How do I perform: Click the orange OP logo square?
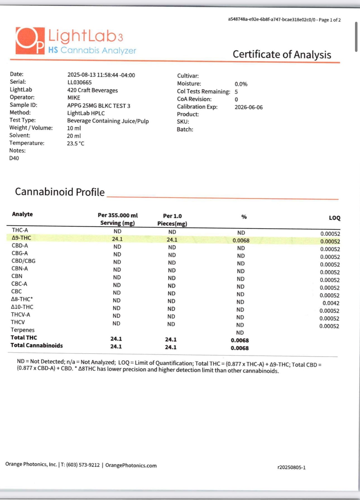pyautogui.click(x=30, y=41)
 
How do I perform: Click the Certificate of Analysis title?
pyautogui.click(x=282, y=54)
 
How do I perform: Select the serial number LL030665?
pyautogui.click(x=80, y=83)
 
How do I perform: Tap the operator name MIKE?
pyautogui.click(x=74, y=98)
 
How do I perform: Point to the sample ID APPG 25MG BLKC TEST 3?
pyautogui.click(x=99, y=106)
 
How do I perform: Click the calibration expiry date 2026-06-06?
pyautogui.click(x=248, y=107)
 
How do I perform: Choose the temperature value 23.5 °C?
pyautogui.click(x=75, y=143)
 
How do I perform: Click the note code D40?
pyautogui.click(x=14, y=158)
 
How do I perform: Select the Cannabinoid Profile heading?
pyautogui.click(x=60, y=192)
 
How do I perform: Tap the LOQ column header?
pyautogui.click(x=334, y=218)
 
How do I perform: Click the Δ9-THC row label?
pyautogui.click(x=21, y=238)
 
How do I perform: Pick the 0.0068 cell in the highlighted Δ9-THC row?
pyautogui.click(x=241, y=241)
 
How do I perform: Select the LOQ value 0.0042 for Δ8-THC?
pyautogui.click(x=331, y=303)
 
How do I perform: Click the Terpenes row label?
pyautogui.click(x=23, y=330)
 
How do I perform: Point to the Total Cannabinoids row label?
pyautogui.click(x=37, y=345)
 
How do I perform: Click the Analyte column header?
pyautogui.click(x=22, y=214)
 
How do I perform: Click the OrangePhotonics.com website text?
pyautogui.click(x=131, y=465)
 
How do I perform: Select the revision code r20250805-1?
pyautogui.click(x=291, y=467)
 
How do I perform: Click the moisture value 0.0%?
pyautogui.click(x=241, y=84)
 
